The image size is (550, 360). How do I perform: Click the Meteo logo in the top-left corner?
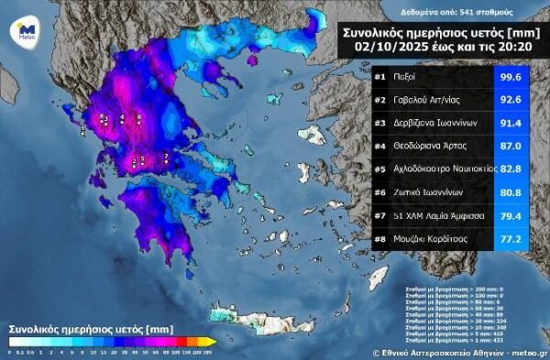pyautogui.click(x=27, y=31)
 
